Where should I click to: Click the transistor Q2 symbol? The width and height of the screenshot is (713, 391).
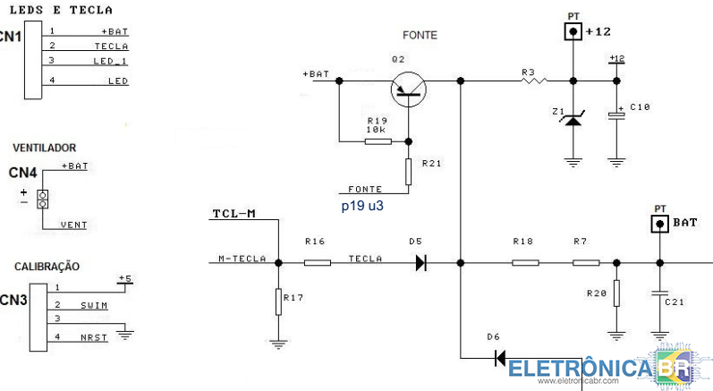[x=408, y=88]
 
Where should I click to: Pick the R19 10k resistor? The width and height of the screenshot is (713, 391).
[x=378, y=140]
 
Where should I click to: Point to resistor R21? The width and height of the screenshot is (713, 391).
[x=408, y=172]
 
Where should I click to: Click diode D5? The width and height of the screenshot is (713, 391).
[x=420, y=263]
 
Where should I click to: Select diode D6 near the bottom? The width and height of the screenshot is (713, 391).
[x=500, y=359]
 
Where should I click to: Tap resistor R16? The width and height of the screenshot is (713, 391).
[x=317, y=263]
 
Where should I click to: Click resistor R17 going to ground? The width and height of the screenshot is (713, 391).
[x=279, y=302]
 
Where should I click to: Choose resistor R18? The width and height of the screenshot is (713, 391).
[x=525, y=263]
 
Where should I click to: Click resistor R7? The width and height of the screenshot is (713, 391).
[x=585, y=263]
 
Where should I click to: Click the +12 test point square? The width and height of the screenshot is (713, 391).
[x=573, y=32]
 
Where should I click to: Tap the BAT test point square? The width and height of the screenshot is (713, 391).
[x=660, y=223]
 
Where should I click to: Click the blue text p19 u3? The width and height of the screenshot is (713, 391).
[x=364, y=205]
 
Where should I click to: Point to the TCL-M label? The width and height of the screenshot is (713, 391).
[x=234, y=215]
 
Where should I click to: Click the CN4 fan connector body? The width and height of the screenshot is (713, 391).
[x=41, y=199]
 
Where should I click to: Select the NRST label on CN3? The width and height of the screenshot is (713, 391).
[x=92, y=336]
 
